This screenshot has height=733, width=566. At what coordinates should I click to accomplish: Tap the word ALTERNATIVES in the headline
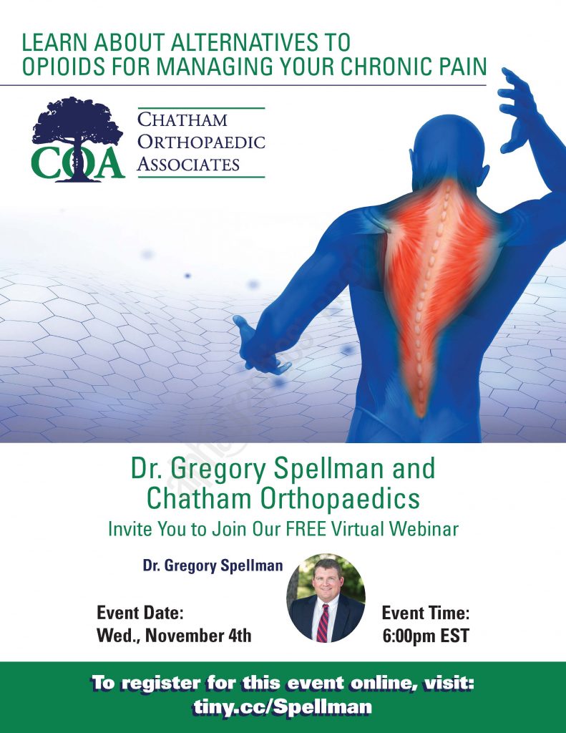click(242, 42)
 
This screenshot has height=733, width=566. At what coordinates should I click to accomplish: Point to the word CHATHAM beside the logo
click(182, 120)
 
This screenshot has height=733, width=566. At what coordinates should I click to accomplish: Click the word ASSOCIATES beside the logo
click(188, 164)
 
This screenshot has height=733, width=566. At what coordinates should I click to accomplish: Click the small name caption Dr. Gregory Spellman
click(213, 565)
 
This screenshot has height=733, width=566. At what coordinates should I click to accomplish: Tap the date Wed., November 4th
click(174, 636)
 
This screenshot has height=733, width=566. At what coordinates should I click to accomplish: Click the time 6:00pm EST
click(425, 636)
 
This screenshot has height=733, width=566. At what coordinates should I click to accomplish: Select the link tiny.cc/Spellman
click(283, 707)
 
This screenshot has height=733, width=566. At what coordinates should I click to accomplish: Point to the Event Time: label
click(425, 613)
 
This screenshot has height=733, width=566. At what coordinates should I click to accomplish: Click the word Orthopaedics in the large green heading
click(340, 498)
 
